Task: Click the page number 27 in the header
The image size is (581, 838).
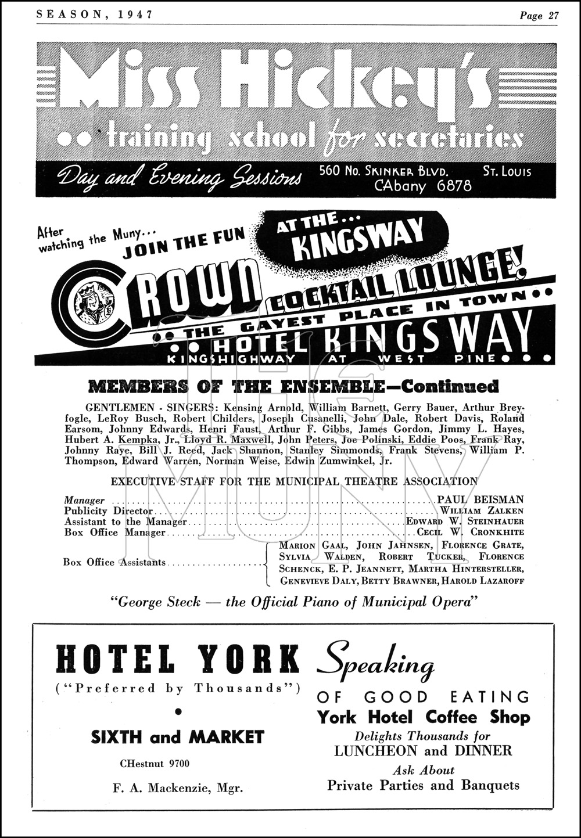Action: (553, 16)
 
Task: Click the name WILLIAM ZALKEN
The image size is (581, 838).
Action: (482, 511)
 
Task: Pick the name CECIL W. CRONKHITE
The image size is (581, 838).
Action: (471, 532)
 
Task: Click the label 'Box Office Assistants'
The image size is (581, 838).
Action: (114, 562)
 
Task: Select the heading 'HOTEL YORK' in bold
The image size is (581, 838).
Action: (178, 660)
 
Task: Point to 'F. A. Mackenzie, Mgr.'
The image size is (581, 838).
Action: (178, 788)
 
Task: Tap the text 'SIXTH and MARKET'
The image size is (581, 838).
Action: (178, 737)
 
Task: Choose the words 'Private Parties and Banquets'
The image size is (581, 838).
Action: (423, 785)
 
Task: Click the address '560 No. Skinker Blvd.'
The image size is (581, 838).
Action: (385, 171)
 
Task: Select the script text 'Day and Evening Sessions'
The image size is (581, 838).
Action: (181, 178)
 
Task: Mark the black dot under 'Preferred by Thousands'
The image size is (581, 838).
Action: (178, 711)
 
